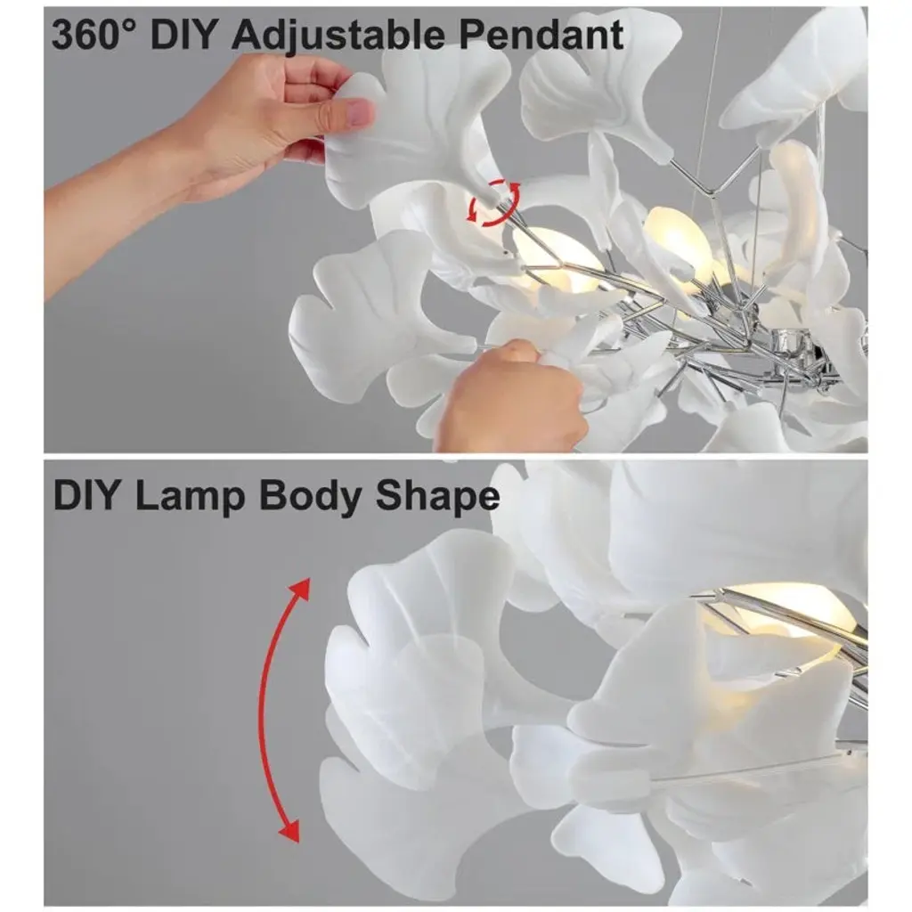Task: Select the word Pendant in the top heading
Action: click(x=541, y=34)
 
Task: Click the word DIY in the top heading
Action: click(x=183, y=34)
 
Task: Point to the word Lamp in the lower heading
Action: click(x=190, y=497)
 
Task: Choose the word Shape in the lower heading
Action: click(x=437, y=497)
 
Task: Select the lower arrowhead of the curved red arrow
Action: click(x=289, y=832)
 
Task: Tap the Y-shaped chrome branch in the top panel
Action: click(x=714, y=180)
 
